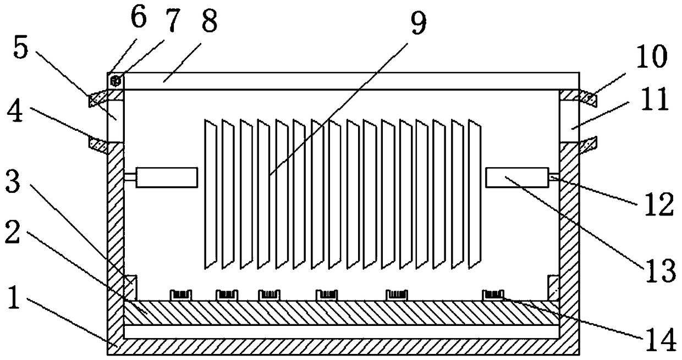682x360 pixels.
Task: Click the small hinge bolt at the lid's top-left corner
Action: click(116, 81)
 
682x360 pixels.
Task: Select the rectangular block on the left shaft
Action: click(167, 178)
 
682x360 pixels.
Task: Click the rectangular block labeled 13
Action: click(518, 178)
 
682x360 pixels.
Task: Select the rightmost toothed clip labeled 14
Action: click(493, 296)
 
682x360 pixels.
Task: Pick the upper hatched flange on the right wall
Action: click(578, 97)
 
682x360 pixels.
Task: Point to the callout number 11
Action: click(653, 101)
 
